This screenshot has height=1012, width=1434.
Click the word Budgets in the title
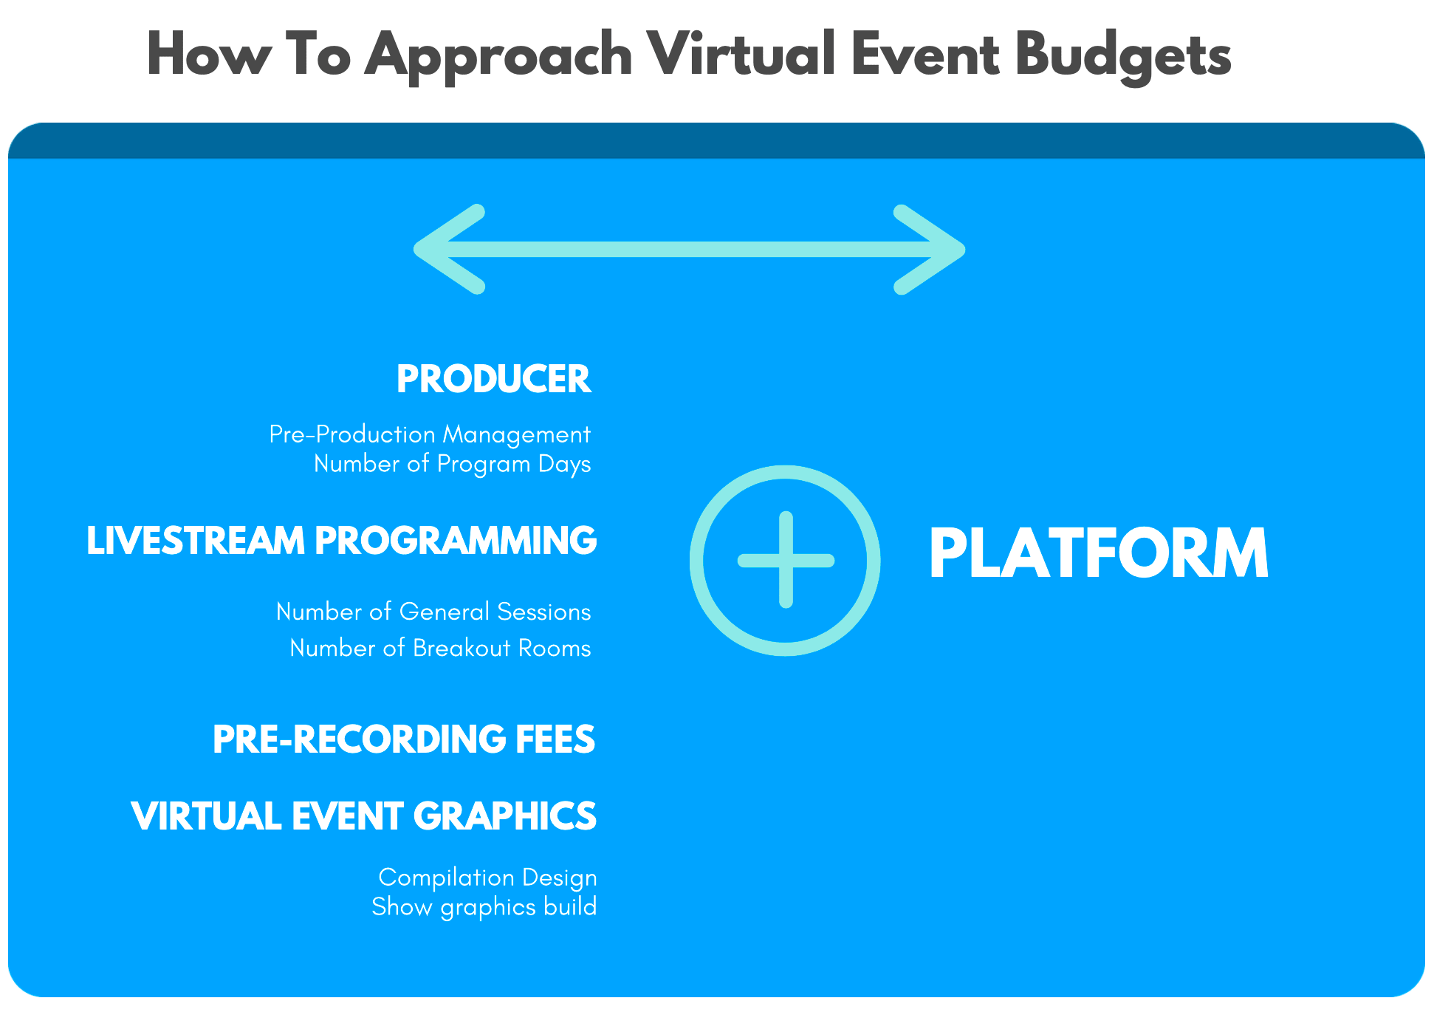point(1122,55)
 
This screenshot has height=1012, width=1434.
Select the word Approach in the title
point(498,55)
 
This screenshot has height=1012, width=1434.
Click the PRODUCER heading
point(493,380)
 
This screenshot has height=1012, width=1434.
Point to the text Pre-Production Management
point(430,434)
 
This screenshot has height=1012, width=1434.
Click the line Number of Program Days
point(452,464)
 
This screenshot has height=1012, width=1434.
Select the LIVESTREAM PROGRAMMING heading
point(341,541)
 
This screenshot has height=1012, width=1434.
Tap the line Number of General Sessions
point(433,612)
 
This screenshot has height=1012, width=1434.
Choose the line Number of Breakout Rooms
point(440,648)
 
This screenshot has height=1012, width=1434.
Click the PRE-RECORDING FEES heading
point(403,739)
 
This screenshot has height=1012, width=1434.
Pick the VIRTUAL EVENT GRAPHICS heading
point(363,816)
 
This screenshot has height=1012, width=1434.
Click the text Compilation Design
point(487,877)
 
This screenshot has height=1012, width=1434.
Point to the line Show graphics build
point(484,906)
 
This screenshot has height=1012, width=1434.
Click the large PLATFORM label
point(1098,554)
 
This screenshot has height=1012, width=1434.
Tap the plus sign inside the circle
point(786,560)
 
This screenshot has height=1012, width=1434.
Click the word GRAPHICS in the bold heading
point(504,816)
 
